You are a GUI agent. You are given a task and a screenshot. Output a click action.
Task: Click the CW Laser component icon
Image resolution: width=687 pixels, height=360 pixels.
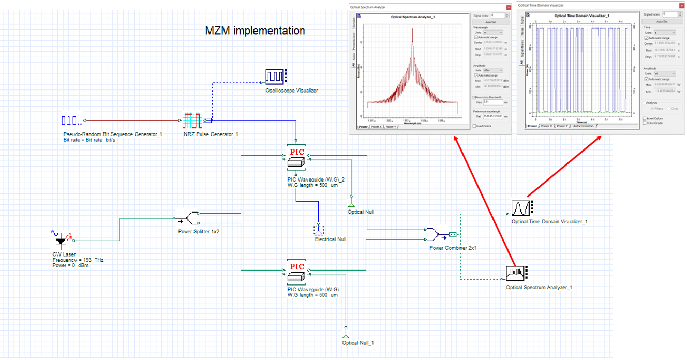coord(62,239)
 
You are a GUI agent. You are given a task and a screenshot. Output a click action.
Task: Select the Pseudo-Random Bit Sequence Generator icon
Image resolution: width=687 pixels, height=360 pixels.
coord(71,121)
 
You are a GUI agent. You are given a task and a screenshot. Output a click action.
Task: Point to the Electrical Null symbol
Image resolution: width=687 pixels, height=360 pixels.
coord(319,229)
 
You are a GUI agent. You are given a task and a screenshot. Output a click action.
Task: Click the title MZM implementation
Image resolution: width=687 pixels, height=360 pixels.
coord(255,31)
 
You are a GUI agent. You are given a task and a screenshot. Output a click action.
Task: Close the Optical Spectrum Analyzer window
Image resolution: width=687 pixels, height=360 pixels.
coord(507,7)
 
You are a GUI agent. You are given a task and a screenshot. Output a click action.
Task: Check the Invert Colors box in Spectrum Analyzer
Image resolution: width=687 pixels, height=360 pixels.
coord(475,126)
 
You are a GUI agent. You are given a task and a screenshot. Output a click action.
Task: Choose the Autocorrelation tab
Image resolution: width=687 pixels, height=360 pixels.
coord(583,126)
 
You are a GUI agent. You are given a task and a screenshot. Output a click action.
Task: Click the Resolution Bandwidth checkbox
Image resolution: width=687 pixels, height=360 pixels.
coord(474,97)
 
